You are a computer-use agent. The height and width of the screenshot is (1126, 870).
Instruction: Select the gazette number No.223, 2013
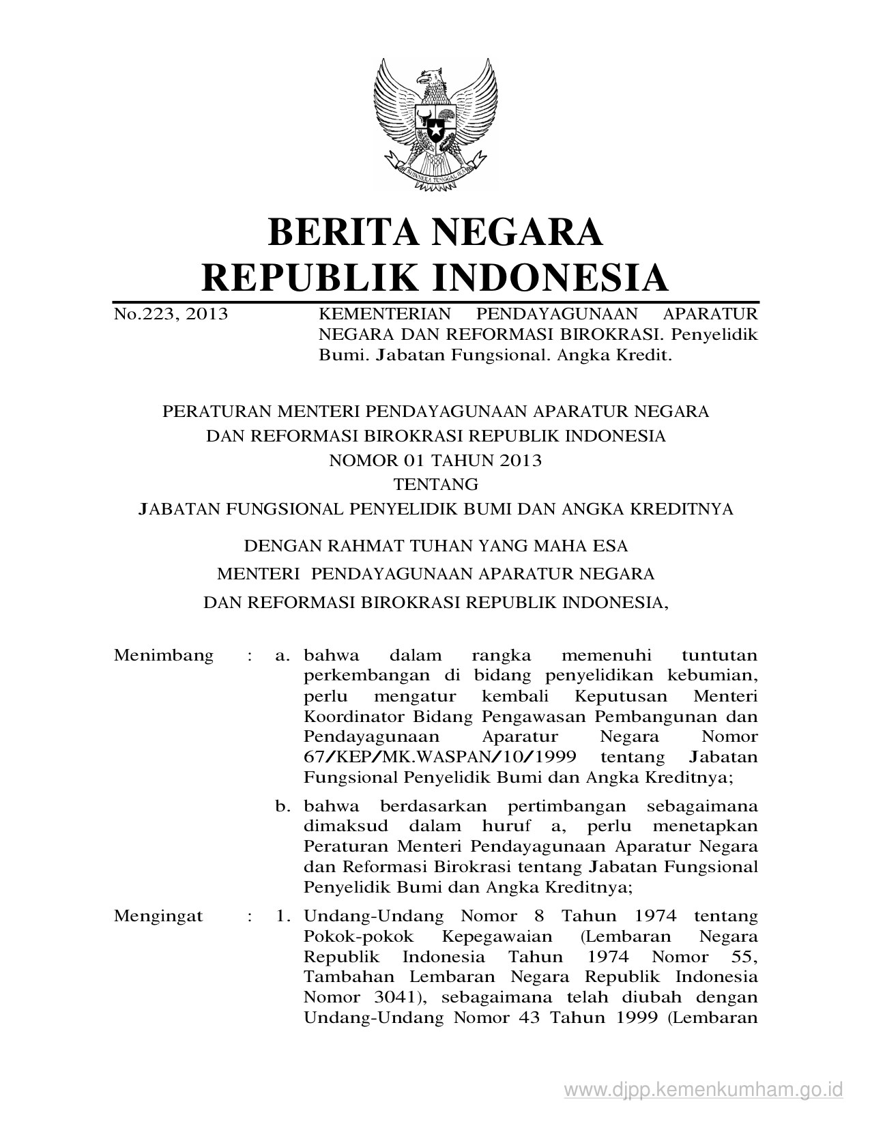coord(171,315)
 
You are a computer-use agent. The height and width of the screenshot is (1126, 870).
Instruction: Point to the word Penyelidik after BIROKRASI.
coord(715,335)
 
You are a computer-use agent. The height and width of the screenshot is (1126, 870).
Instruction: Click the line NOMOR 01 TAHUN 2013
coord(435,461)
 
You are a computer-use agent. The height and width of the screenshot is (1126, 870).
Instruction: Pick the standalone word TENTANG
coord(435,485)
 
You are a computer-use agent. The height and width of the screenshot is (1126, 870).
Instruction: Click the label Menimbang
coord(164,656)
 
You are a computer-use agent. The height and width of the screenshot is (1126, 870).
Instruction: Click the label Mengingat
coord(159,916)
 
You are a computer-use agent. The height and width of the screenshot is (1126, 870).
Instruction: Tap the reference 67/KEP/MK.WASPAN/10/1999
coord(440,757)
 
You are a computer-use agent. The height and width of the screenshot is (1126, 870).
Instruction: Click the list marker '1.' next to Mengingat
coord(283,916)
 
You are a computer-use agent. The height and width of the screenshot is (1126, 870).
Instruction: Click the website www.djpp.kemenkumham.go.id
coord(704,1088)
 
